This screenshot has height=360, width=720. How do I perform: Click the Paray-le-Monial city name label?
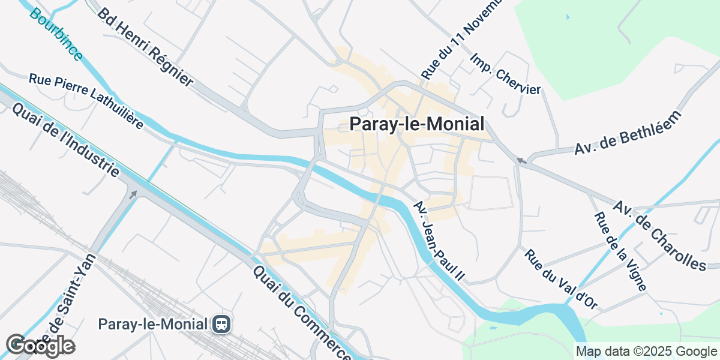tap(416, 124)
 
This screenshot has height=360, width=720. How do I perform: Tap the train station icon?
tap(221, 325)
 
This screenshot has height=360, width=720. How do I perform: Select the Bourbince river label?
tap(56, 35)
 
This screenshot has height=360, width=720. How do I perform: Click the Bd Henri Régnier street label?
tap(145, 47)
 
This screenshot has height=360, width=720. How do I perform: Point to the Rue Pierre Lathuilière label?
tap(86, 101)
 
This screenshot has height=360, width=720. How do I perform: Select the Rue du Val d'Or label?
tap(561, 280)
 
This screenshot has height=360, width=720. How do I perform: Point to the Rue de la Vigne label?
tap(620, 252)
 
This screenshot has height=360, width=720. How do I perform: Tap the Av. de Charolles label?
tap(667, 236)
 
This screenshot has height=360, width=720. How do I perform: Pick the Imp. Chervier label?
tap(506, 74)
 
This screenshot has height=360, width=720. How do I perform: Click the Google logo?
tap(40, 346)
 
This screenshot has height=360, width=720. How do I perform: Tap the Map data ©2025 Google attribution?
tap(646, 351)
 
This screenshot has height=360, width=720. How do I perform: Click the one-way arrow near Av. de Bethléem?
tap(521, 160)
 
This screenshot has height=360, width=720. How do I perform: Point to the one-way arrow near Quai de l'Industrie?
tap(133, 194)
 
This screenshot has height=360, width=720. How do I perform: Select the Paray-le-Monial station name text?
tap(154, 325)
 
